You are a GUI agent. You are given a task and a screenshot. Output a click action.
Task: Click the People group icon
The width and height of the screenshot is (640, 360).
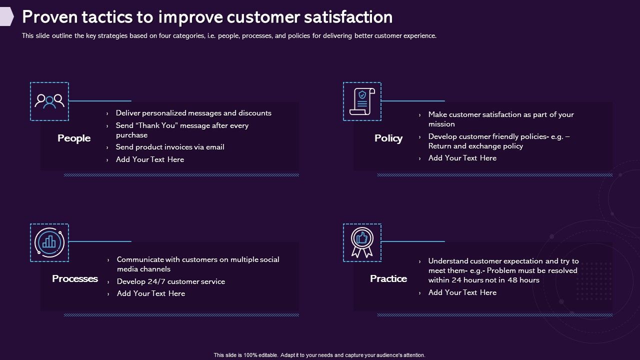coord(49,101)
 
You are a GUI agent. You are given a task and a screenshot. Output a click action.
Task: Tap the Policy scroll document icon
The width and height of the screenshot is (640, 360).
coord(362,101)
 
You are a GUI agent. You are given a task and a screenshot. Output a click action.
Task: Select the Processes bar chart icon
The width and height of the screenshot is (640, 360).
coord(49,242)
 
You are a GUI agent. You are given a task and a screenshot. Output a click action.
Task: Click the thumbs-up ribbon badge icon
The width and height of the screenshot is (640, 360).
coord(362,242)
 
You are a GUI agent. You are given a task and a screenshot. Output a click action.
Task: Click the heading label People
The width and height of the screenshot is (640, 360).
coord(74,138)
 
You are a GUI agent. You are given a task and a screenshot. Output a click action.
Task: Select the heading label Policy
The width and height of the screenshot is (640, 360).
coord(388,138)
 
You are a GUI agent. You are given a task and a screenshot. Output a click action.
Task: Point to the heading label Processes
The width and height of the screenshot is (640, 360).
coord(75,279)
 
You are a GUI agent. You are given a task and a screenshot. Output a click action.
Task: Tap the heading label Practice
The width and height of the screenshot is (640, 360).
coord(388,279)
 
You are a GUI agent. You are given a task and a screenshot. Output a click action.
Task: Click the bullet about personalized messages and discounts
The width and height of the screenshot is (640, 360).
coord(193,113)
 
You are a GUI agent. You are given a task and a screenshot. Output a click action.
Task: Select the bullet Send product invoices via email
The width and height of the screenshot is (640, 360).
coord(170,147)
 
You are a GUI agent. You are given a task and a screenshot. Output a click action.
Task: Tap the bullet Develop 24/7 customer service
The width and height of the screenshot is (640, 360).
coord(171,282)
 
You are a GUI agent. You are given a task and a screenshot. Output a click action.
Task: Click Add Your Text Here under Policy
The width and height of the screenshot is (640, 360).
coord(462,158)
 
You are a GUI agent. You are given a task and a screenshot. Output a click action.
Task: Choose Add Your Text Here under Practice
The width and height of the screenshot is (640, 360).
coord(462,293)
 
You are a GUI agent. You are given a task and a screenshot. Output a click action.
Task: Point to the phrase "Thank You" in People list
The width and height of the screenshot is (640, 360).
coord(156,126)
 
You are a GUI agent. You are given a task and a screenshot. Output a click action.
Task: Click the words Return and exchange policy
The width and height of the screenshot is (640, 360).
coord(475,146)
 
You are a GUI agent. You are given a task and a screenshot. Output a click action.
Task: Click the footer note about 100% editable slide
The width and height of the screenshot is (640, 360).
coord(319,355)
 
